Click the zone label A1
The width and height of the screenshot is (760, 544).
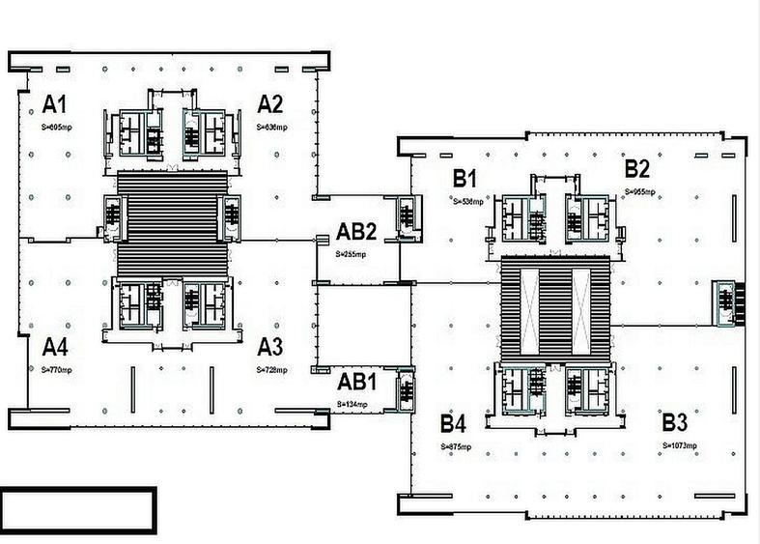(53, 104)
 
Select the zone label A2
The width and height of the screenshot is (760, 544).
(269, 104)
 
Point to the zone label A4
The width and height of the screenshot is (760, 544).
(54, 347)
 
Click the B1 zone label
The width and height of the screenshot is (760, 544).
(466, 178)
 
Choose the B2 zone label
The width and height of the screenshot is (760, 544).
(636, 169)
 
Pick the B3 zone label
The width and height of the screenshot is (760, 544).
(675, 422)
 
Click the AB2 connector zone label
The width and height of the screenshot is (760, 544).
(355, 232)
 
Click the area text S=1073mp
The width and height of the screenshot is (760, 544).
(680, 445)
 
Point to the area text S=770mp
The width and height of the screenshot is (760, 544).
(56, 369)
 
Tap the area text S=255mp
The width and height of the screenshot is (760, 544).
(352, 253)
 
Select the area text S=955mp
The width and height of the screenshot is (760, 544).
(640, 192)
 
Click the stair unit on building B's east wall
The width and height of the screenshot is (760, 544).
(724, 302)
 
